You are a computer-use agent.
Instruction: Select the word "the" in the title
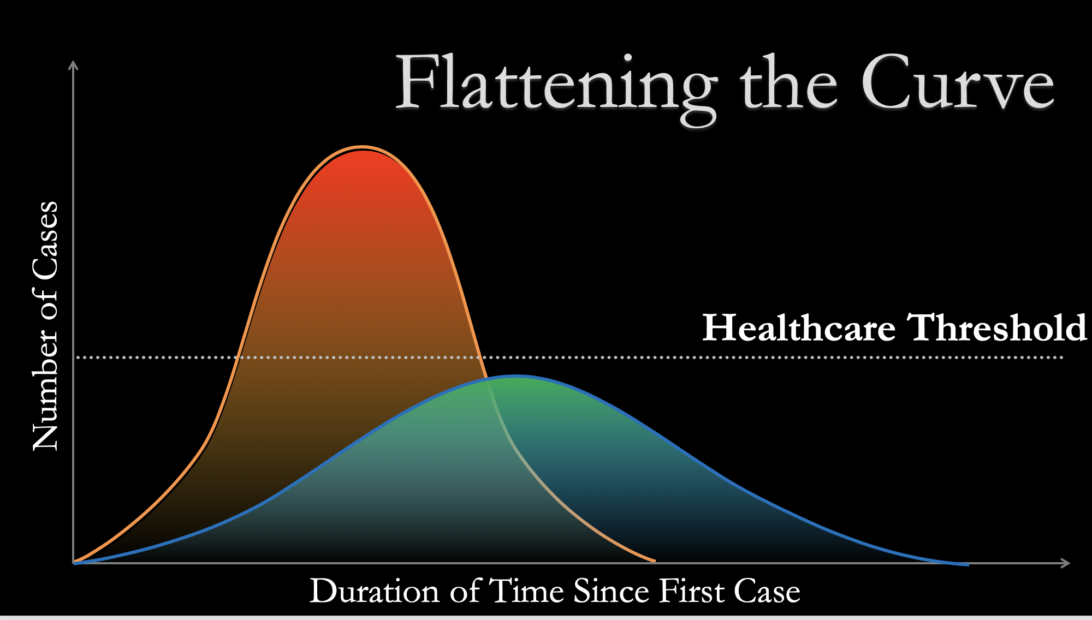tap(788, 82)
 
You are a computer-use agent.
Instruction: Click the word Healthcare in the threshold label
tap(799, 327)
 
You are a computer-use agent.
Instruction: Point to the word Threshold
tap(996, 327)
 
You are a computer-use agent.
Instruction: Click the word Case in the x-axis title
tap(767, 591)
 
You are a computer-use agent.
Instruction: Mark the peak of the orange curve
tap(361, 147)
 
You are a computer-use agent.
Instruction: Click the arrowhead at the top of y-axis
tap(73, 64)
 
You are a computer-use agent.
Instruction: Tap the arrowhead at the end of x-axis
tap(1065, 563)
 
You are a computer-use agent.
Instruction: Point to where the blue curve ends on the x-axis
tap(968, 564)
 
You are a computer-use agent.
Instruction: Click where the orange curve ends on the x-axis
tap(654, 561)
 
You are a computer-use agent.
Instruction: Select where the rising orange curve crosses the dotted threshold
tap(236, 357)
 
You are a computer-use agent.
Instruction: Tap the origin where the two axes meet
tap(74, 563)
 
